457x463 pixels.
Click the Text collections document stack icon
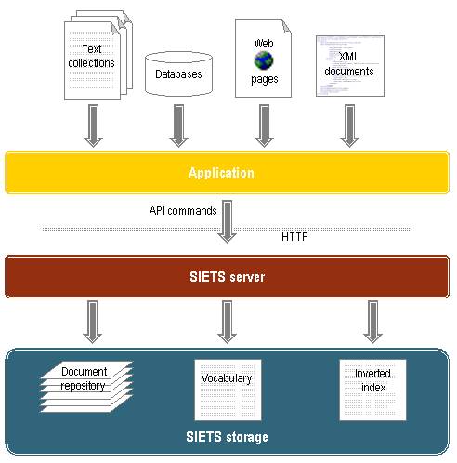click(98, 55)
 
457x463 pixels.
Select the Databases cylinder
click(179, 73)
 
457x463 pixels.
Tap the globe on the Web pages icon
click(264, 60)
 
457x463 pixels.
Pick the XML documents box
click(350, 66)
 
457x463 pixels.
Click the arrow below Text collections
click(93, 126)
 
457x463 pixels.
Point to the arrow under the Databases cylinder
click(178, 126)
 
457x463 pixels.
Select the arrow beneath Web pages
click(264, 126)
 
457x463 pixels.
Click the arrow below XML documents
click(349, 126)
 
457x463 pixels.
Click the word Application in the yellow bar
click(221, 173)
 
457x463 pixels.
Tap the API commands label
click(183, 211)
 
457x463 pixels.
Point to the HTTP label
click(294, 237)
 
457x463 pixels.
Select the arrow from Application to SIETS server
click(228, 221)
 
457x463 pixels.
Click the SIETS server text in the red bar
click(228, 277)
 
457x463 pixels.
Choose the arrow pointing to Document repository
click(93, 322)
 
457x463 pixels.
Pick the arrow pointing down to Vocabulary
click(228, 322)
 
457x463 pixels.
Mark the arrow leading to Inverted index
click(372, 322)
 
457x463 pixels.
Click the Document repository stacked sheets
click(86, 387)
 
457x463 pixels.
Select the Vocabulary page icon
click(228, 390)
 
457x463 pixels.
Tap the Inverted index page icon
click(372, 390)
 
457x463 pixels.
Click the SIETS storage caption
click(227, 437)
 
